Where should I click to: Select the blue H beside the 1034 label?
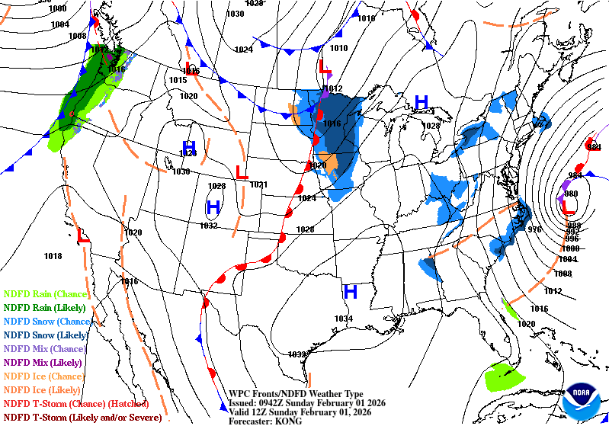351,291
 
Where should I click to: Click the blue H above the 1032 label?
213,207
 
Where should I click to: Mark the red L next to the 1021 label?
242,173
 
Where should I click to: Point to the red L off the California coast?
82,236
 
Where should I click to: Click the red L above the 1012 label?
325,69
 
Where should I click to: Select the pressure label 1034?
344,319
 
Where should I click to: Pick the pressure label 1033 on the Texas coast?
297,354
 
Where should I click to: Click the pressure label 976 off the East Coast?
534,229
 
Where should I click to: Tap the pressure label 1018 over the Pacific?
53,257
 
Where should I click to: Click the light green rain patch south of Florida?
504,376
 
